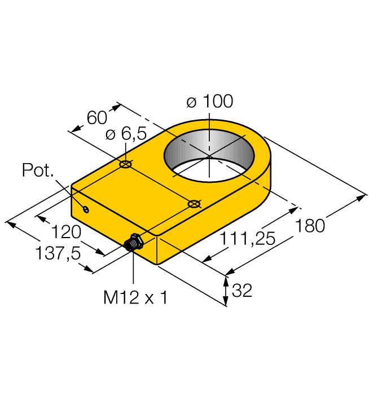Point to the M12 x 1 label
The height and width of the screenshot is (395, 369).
pyautogui.click(x=135, y=298)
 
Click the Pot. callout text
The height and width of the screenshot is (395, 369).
pyautogui.click(x=38, y=170)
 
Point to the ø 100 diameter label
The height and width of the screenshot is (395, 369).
pyautogui.click(x=209, y=102)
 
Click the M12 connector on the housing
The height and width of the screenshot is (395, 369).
pyautogui.click(x=133, y=243)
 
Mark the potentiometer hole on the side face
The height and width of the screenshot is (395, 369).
pyautogui.click(x=86, y=210)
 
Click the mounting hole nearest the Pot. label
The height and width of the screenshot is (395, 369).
pyautogui.click(x=126, y=165)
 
